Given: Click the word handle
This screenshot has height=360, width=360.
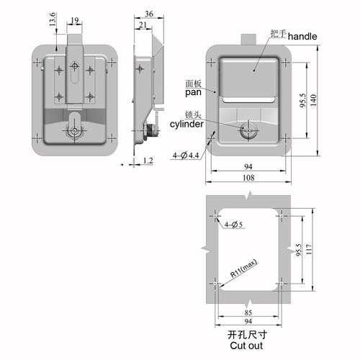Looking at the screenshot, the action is [302, 37].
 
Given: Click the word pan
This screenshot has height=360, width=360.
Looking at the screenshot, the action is [193, 92].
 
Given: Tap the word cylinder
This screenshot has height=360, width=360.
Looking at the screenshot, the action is [186, 124].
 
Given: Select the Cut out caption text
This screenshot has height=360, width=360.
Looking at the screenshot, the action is [246, 346].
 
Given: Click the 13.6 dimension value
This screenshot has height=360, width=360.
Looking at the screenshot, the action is [53, 19].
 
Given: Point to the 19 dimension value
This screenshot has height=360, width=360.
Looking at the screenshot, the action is [75, 21].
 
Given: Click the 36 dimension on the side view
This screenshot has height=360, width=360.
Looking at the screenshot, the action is [149, 14].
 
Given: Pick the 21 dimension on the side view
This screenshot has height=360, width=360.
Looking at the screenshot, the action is [143, 24].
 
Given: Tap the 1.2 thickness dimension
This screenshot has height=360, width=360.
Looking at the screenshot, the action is [148, 161].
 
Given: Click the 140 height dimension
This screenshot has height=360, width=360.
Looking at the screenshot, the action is [313, 100].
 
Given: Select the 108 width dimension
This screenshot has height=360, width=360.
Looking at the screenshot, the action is [248, 178].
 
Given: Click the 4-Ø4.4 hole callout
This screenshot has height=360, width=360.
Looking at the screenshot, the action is [186, 156].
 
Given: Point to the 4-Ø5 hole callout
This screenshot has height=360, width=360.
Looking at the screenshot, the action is [233, 225].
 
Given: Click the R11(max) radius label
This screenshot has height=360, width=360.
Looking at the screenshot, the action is [243, 269].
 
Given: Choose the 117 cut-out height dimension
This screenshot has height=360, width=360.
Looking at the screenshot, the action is [309, 250].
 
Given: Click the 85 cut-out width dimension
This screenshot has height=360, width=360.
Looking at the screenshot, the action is [248, 312].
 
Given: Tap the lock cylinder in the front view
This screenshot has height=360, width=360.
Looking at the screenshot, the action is [248, 131].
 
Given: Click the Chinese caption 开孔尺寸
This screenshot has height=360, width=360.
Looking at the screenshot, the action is [247, 335].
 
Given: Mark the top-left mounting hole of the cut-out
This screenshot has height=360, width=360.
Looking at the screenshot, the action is [215, 216].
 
